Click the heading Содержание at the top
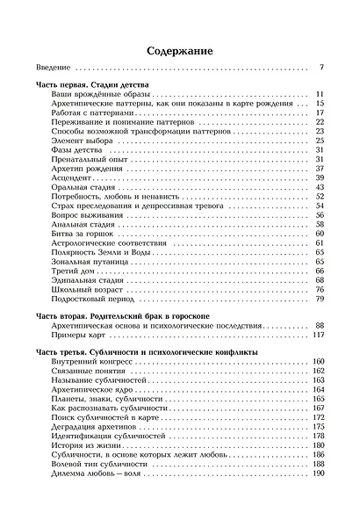click(x=180, y=52)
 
